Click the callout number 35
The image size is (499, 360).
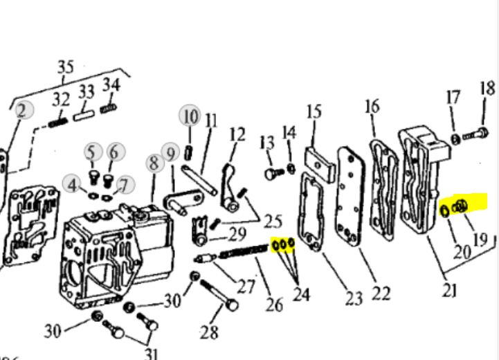pos(66,67)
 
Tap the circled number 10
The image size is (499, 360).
pos(190,116)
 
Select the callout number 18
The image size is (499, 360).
pos(487,88)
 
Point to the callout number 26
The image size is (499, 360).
pos(274,305)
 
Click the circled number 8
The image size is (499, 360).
pos(154,163)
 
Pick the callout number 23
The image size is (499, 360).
pos(354,298)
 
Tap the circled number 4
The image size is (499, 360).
pos(73,185)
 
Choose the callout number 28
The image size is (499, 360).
pos(210,332)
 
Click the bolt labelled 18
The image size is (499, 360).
pos(475,134)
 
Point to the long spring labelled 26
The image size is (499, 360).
pos(244,251)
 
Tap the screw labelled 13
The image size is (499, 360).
pos(274,174)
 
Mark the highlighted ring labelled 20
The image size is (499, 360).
pos(444,210)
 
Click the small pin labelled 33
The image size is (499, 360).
pos(84,115)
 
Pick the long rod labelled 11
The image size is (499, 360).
pos(199,181)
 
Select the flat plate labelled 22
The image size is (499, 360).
pos(349,197)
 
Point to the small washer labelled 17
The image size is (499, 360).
pos(455,139)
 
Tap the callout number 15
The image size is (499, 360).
pos(314,112)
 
